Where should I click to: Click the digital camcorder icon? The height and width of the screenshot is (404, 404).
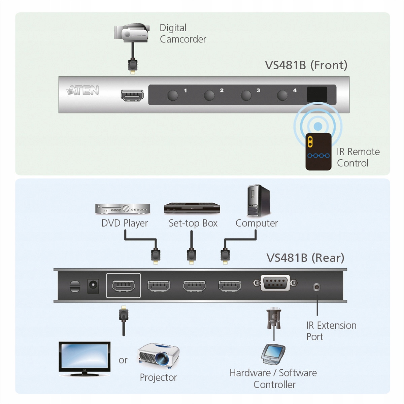pos(132,33)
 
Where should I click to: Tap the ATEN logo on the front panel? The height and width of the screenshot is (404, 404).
pos(82,90)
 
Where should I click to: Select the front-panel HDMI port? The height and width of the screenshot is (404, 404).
pos(132,95)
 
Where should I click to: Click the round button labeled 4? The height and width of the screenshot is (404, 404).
pos(282,96)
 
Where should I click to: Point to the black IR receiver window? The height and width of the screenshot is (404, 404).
pos(317,94)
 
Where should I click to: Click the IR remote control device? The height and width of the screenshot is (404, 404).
pos(318,151)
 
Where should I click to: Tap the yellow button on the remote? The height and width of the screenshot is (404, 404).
pos(310,141)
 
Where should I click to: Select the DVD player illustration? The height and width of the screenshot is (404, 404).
pos(123,209)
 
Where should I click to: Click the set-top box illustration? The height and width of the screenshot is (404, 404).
pos(192,208)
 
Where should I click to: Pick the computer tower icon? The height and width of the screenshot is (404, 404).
pos(258,201)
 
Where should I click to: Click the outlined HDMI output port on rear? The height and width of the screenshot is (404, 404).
pos(124,286)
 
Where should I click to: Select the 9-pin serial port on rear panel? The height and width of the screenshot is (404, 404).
pos(275,283)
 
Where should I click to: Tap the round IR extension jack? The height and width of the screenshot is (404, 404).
pos(316,287)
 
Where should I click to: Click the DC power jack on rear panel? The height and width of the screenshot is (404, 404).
pos(93,286)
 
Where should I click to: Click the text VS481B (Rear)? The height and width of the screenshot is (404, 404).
pos(305,258)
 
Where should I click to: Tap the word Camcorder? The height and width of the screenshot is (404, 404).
pos(183,39)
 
